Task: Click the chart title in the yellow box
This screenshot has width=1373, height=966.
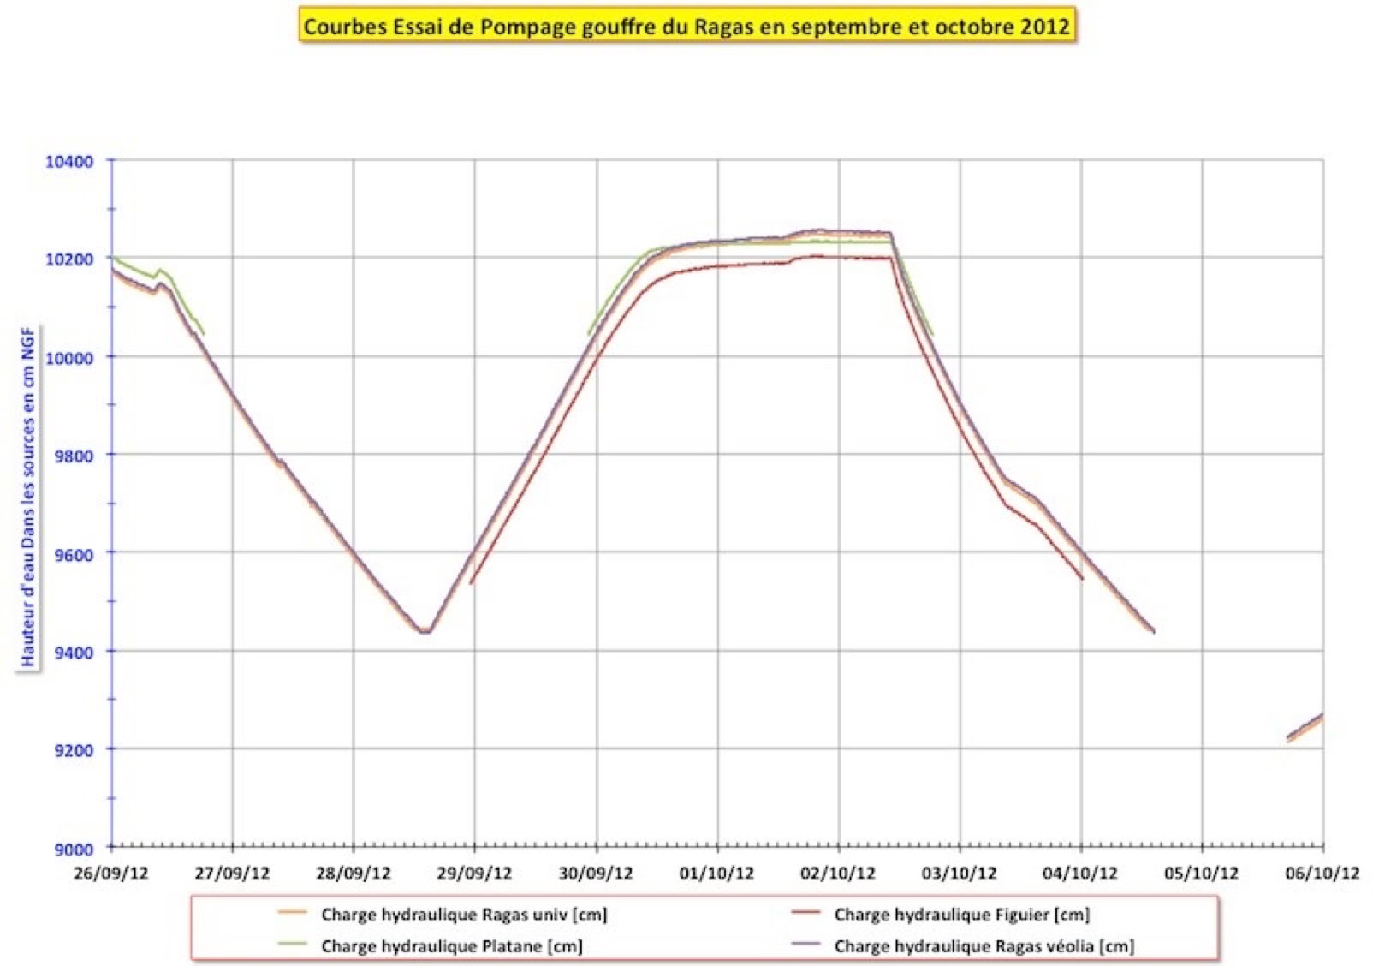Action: [x=686, y=26]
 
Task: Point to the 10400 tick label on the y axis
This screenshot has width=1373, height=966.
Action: [x=69, y=162]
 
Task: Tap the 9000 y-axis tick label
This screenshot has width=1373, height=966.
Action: [x=74, y=849]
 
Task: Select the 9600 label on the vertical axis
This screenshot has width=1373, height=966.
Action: [x=74, y=554]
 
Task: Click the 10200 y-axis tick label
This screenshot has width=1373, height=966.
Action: [x=69, y=259]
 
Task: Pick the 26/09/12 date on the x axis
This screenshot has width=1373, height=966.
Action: [x=111, y=874]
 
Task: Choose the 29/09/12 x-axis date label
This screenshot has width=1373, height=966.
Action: [x=474, y=874]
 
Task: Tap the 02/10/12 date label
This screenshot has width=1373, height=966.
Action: [x=838, y=874]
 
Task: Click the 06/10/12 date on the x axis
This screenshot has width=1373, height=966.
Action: [x=1322, y=874]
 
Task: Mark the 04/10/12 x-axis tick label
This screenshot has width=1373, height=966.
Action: [x=1080, y=874]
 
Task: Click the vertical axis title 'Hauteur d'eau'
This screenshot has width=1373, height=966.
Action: [x=28, y=497]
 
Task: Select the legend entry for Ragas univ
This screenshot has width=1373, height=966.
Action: [x=463, y=915]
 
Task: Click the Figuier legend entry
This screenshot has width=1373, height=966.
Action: [x=961, y=915]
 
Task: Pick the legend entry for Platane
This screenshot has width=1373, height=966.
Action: [x=451, y=946]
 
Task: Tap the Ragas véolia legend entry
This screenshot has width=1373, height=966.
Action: [x=984, y=946]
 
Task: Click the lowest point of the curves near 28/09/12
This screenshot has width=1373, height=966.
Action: [x=425, y=632]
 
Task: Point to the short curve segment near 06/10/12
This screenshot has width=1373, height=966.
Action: [x=1305, y=726]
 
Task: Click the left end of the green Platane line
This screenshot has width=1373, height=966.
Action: [x=114, y=258]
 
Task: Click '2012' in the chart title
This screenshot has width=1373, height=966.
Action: [x=1044, y=26]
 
